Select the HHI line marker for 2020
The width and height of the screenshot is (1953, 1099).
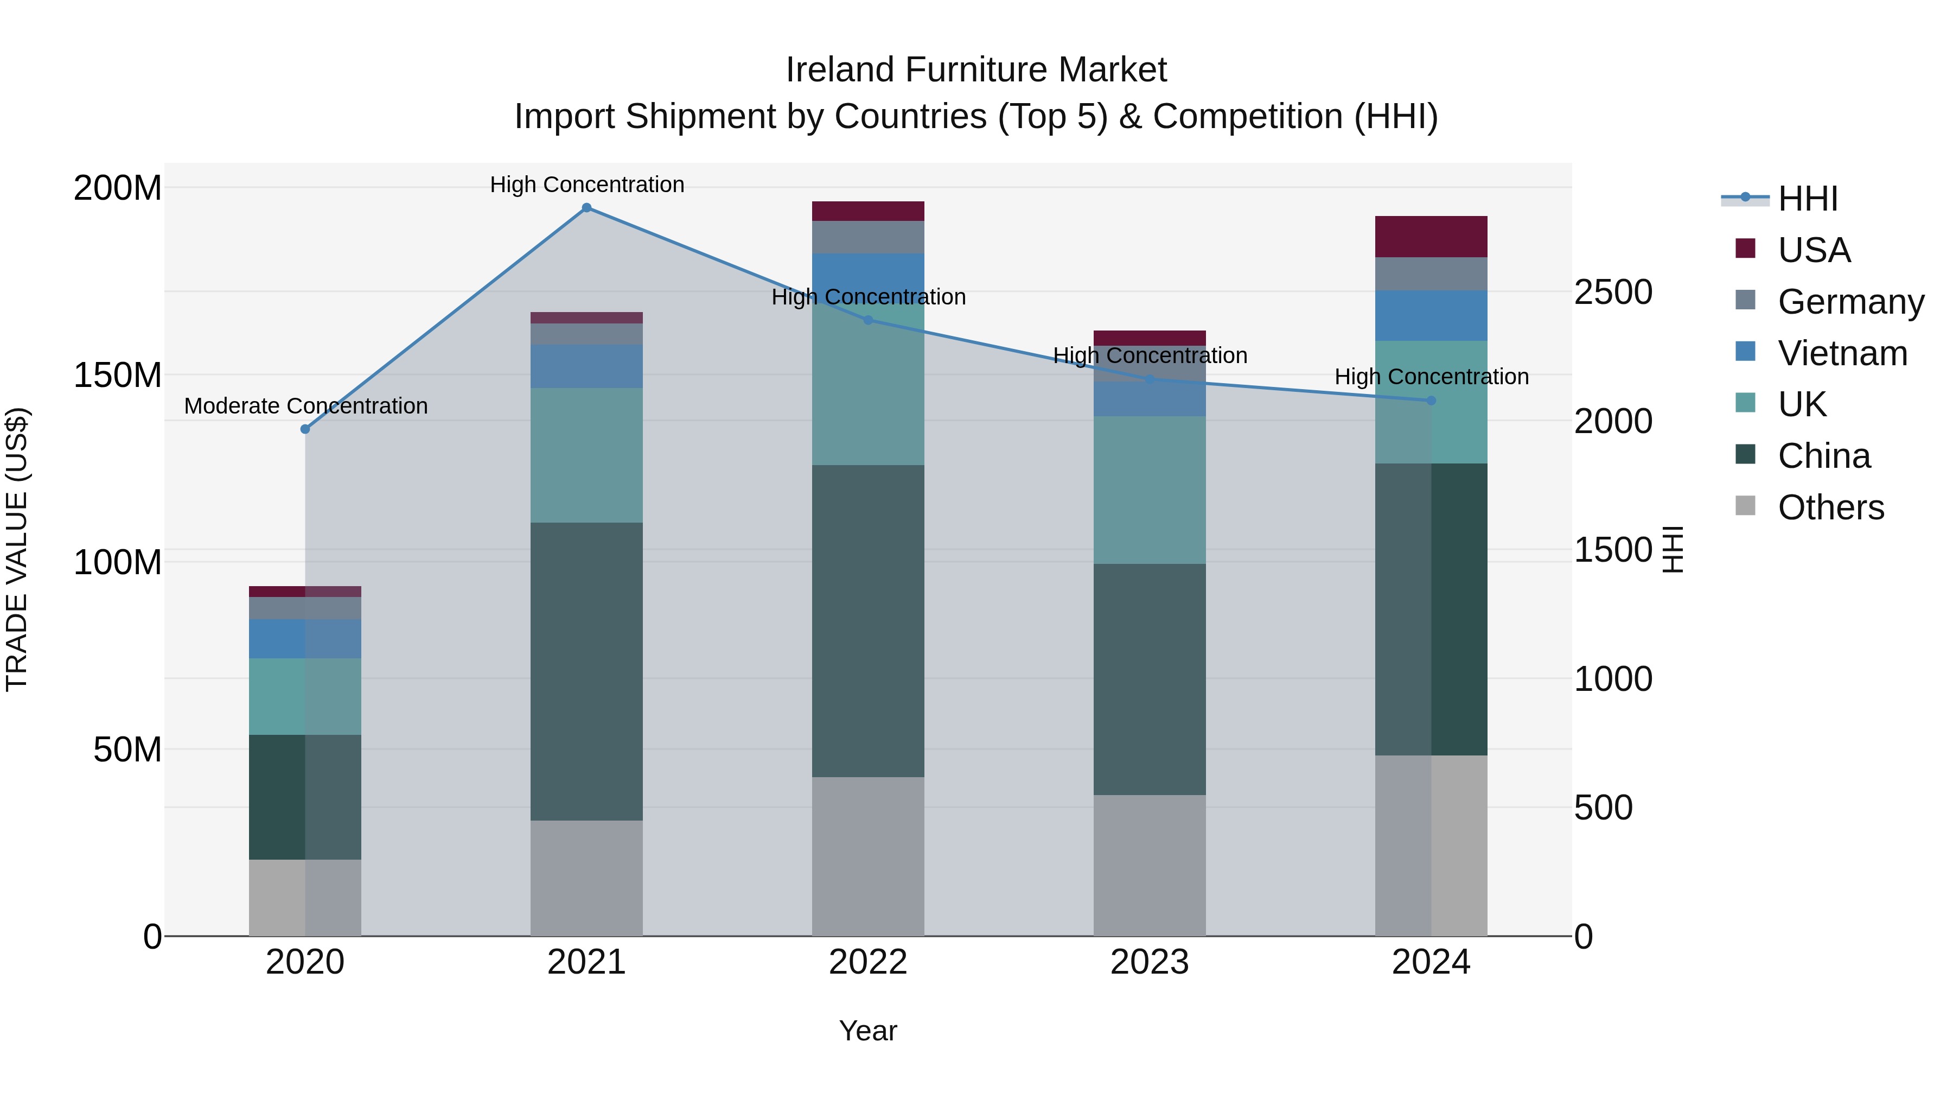coord(305,429)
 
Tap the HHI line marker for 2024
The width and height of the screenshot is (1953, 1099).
coord(1431,401)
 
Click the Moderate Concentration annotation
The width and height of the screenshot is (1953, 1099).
coord(305,406)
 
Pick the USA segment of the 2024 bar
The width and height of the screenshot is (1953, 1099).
coord(1431,237)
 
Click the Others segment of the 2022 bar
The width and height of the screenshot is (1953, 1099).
coord(868,856)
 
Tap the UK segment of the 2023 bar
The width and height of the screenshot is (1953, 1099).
coord(1150,490)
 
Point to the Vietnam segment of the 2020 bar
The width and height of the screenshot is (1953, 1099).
coord(305,639)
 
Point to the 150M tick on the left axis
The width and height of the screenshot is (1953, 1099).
coord(118,374)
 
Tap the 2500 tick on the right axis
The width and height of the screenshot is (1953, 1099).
coord(1613,292)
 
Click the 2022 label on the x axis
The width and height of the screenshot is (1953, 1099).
coord(868,962)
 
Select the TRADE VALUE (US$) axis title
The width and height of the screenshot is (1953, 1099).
coord(17,549)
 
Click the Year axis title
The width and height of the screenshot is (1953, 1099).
coord(867,1031)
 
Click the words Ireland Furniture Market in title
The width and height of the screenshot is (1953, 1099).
coord(976,70)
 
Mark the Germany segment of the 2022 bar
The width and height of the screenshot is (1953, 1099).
coord(868,237)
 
